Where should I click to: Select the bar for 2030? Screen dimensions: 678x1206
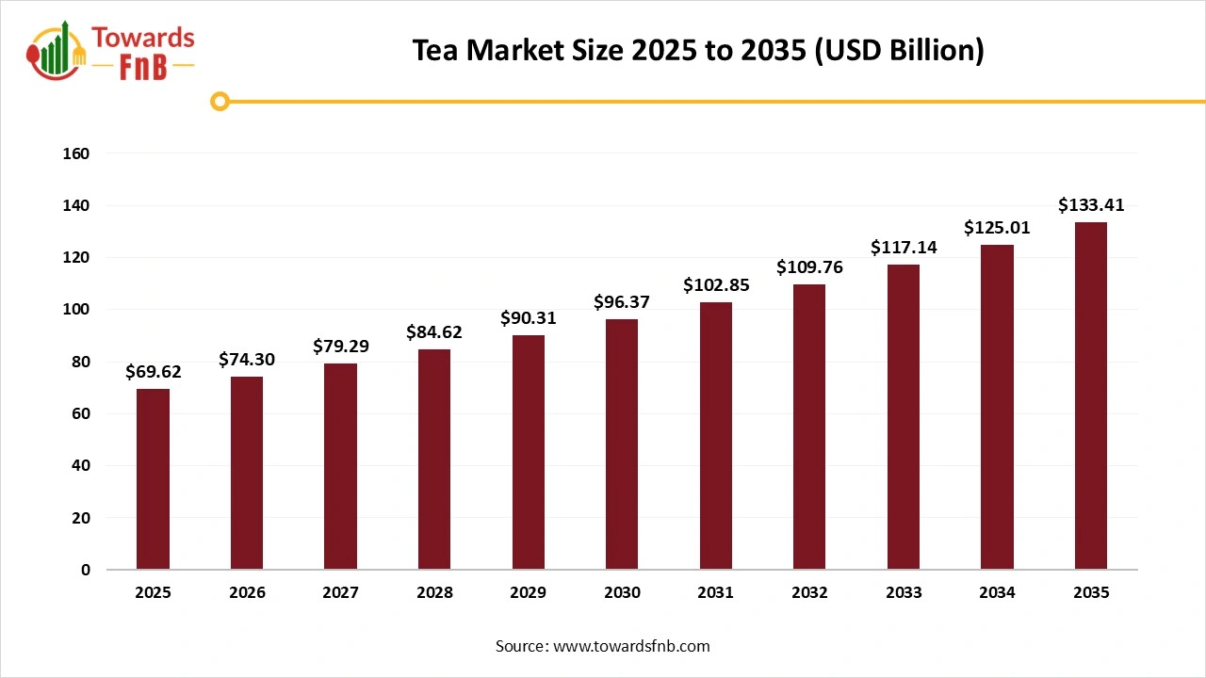(622, 444)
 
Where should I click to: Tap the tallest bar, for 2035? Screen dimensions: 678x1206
(1090, 395)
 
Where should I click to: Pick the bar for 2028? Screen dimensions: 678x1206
(434, 459)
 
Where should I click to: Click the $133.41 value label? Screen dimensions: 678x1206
(1091, 205)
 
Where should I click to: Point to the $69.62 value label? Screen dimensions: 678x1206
(153, 372)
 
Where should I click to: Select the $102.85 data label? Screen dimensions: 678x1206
(716, 285)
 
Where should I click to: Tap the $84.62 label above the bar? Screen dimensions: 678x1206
(434, 332)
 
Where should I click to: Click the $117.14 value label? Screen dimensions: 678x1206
(903, 248)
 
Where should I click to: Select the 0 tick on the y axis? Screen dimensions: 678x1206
(85, 570)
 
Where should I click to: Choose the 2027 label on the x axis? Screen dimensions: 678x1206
(340, 593)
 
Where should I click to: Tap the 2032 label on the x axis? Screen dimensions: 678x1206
(809, 593)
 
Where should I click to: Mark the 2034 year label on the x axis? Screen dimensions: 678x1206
(997, 593)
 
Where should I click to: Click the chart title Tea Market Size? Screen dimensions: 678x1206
(697, 51)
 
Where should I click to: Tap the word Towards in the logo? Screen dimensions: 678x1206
(142, 39)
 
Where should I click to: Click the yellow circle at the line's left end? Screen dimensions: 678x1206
(220, 102)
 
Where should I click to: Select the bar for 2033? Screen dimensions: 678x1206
(903, 417)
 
